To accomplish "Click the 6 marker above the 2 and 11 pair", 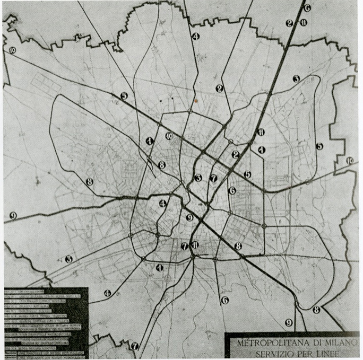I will [x=307, y=8].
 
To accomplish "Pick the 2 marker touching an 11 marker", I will [x=289, y=23].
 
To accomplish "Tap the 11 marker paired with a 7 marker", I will [x=195, y=245].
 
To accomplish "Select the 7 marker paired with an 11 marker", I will [x=185, y=246].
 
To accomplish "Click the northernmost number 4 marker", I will [x=195, y=37].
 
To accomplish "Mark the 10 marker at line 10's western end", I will [x=12, y=50].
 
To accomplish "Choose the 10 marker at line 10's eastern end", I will [x=349, y=161].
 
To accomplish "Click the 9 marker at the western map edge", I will [x=12, y=215].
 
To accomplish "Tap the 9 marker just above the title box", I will [x=289, y=322].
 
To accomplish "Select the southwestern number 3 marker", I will [x=68, y=259].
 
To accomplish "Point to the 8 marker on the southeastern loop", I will [x=316, y=310].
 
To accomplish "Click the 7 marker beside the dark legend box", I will [x=135, y=346].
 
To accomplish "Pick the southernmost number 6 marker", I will [x=225, y=300].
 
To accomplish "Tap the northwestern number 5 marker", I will [x=124, y=96].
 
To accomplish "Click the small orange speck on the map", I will [x=196, y=99].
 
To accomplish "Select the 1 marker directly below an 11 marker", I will [x=261, y=150].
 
